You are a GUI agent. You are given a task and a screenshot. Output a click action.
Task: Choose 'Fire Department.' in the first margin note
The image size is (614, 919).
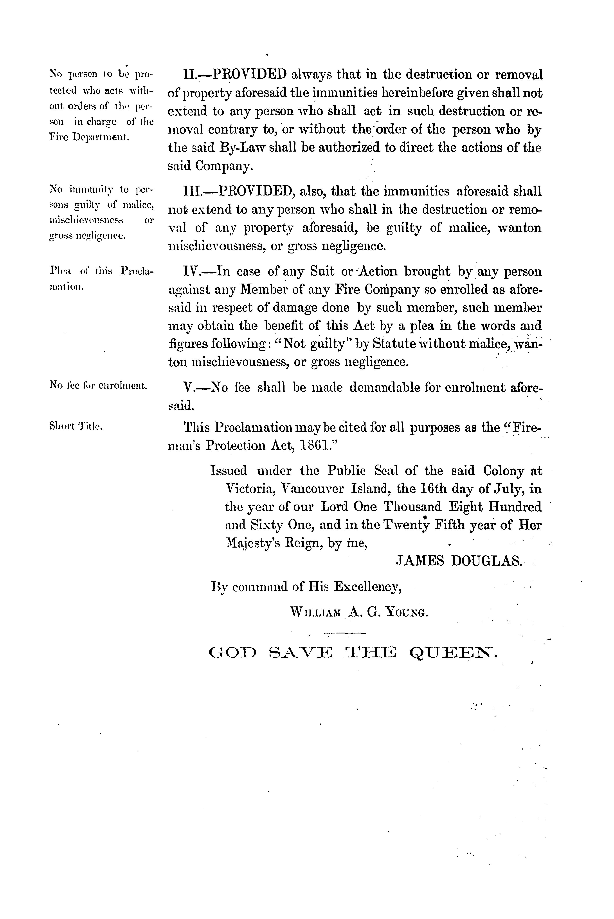[89, 138]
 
